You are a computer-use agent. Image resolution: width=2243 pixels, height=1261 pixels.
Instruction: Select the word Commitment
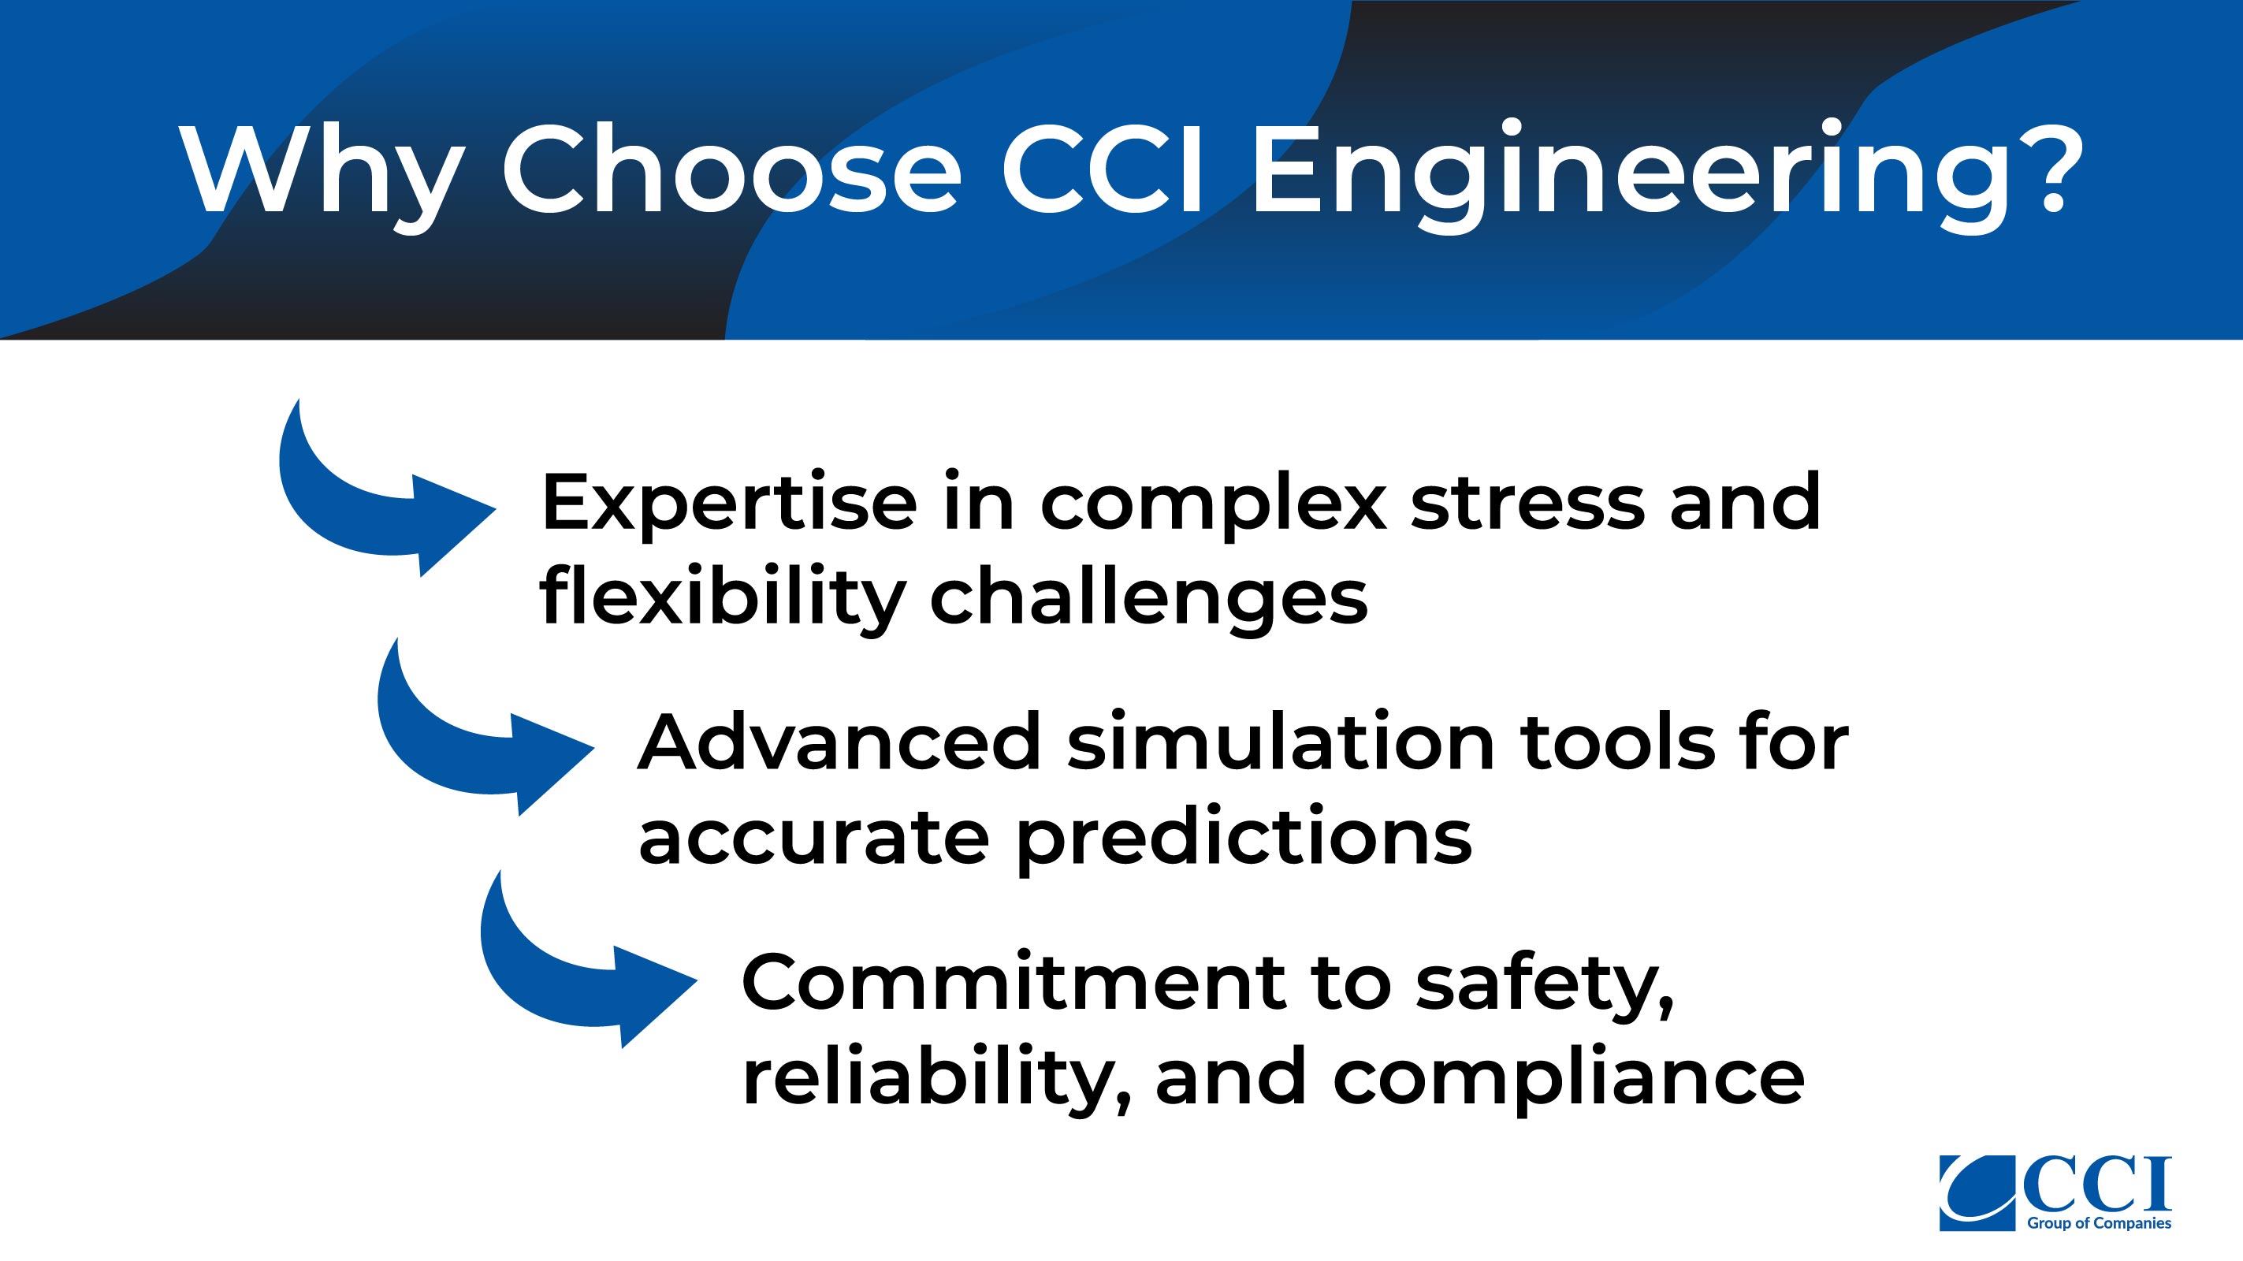pos(1014,982)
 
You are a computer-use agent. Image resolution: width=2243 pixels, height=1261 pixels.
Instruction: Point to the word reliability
pos(939,1078)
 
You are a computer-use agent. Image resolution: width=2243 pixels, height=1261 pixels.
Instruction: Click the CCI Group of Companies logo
pos(2055,1193)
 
